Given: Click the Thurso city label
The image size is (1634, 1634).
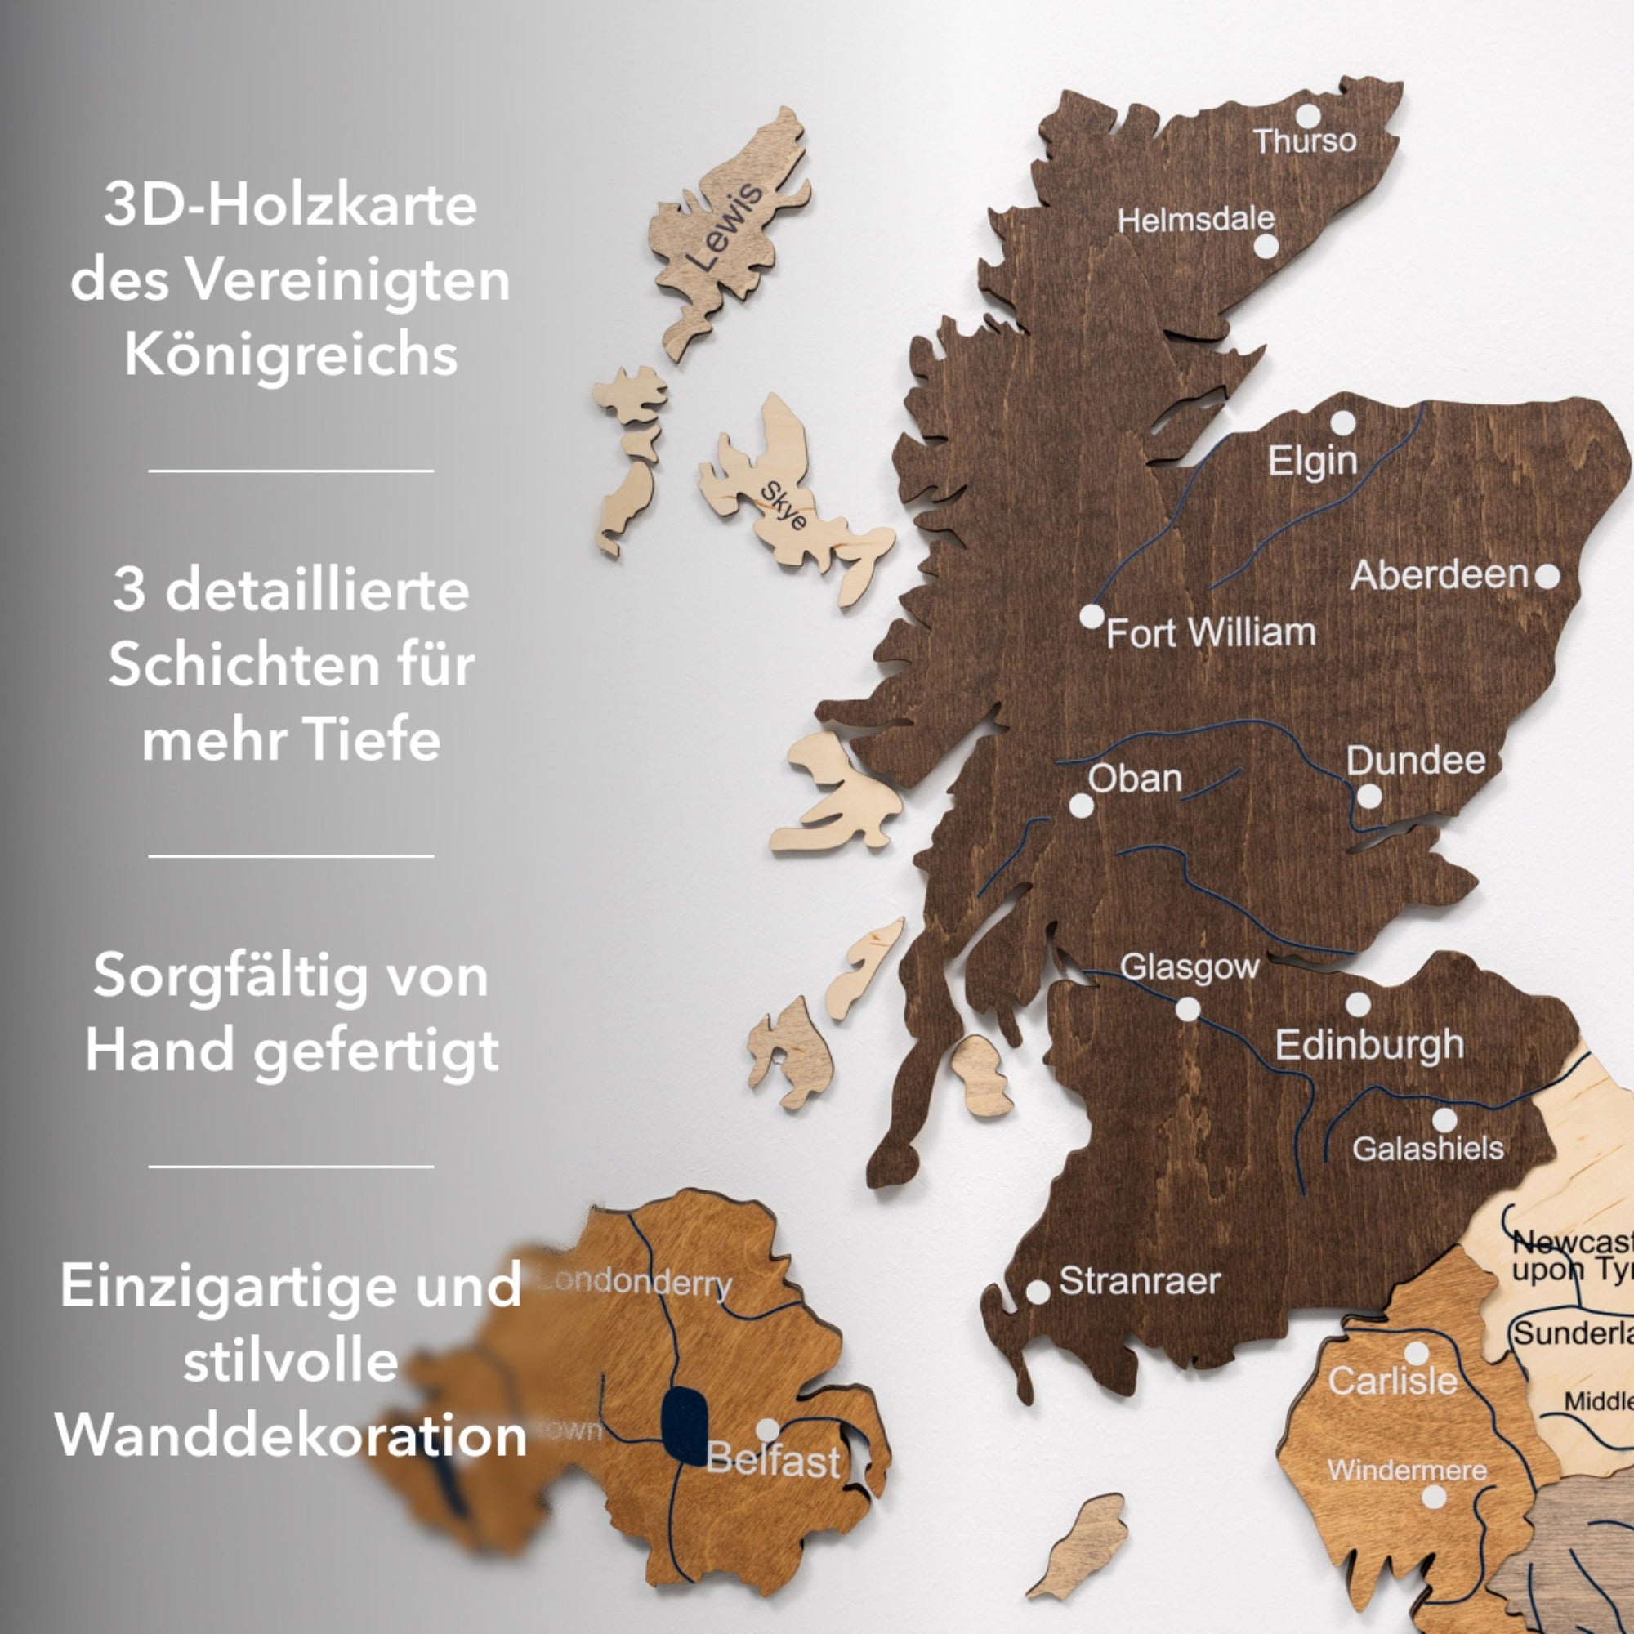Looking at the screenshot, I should coord(1304,141).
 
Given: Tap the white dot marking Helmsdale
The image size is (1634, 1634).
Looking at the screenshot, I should coord(1266,247).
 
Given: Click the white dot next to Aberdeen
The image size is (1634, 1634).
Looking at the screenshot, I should coord(1547,577).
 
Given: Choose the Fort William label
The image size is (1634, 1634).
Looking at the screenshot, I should coord(1211,633).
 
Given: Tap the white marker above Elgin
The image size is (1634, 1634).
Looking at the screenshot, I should coord(1343,423).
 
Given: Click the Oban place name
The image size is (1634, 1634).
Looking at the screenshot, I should coord(1135,779).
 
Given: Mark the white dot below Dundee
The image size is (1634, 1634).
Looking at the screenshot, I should coord(1369,797).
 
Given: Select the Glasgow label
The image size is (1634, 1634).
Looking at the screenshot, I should coord(1189,967).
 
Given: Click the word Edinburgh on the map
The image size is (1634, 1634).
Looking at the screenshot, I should coord(1369,1046).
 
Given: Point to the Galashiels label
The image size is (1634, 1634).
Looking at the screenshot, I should coord(1427,1149).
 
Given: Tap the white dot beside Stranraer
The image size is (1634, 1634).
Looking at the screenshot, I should coord(1038,1292).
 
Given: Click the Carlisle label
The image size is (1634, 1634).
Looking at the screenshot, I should coord(1392,1381).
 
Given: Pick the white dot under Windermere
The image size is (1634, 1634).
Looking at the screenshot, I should coord(1434,1497).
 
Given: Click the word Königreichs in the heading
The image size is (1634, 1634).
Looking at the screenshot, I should coord(291,355).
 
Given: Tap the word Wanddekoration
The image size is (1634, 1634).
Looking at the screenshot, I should coord(291,1436).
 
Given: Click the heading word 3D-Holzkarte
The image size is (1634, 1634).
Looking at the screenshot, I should coord(291,206).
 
